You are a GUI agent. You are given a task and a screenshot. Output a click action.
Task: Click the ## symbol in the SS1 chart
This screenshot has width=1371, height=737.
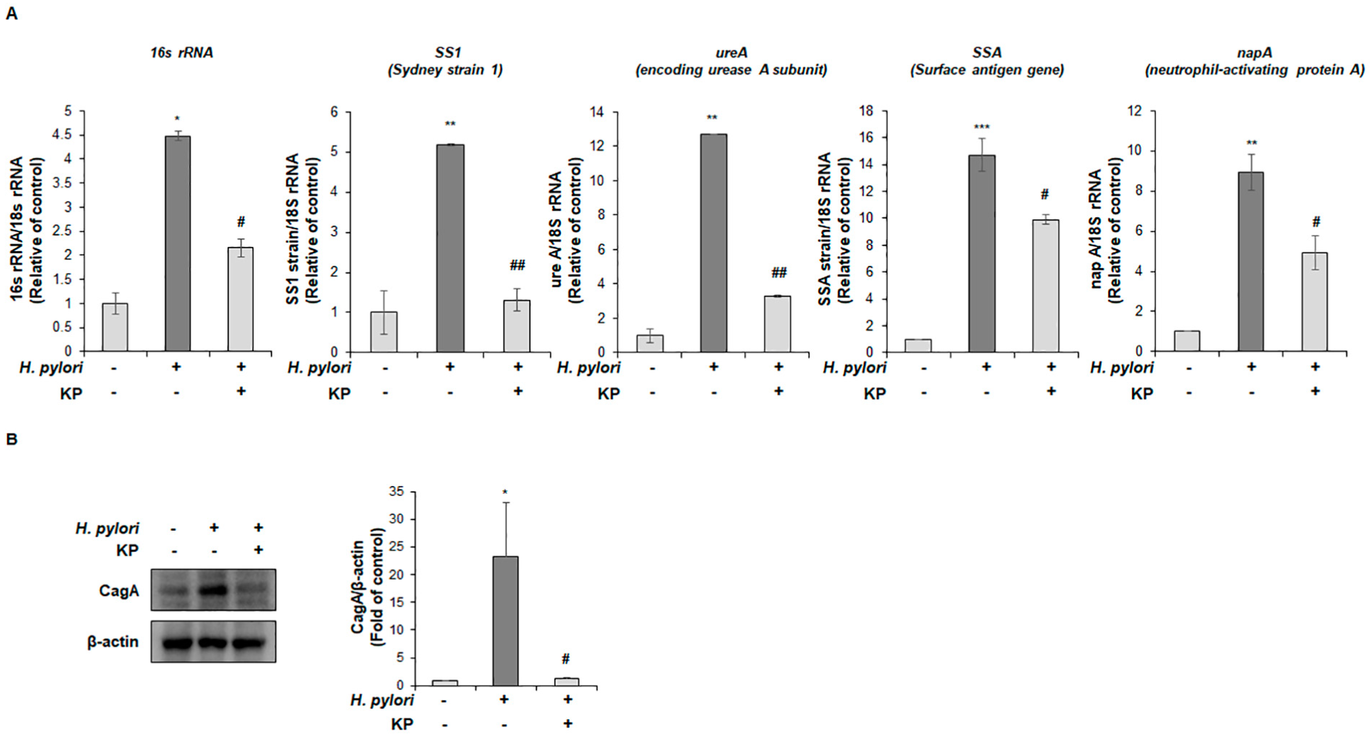coord(517,265)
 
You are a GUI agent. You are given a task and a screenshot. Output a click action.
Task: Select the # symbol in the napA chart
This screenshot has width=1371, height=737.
coord(1316,222)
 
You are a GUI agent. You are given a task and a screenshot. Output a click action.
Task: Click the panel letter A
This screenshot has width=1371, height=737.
coord(11,14)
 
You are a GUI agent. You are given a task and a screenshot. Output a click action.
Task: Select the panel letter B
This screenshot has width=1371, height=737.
coord(11,439)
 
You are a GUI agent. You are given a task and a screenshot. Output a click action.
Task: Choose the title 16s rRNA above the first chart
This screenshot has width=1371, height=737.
coord(181,53)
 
